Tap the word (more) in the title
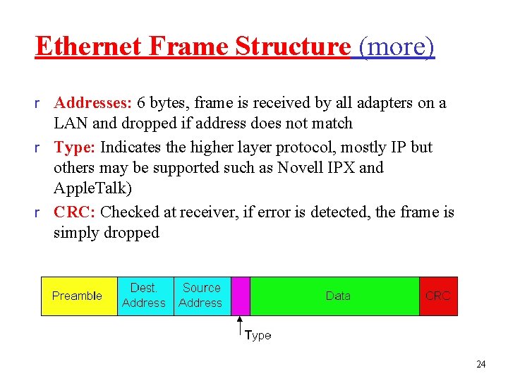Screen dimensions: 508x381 [397, 47]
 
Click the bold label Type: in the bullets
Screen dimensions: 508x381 [75, 147]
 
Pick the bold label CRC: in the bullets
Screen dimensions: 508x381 [75, 212]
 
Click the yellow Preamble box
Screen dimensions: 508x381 [78, 296]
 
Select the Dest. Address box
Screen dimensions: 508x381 [144, 296]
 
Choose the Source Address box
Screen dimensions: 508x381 [201, 296]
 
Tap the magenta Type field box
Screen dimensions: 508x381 [241, 296]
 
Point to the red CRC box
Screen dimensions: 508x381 [438, 296]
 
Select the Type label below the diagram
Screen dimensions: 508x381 [258, 336]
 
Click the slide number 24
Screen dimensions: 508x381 [481, 365]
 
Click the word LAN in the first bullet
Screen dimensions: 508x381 [69, 123]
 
